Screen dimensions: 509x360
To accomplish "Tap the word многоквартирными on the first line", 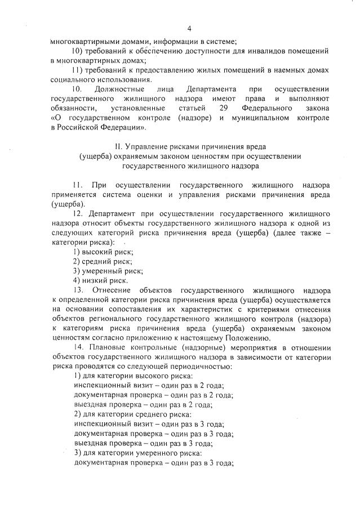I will coord(82,41).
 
